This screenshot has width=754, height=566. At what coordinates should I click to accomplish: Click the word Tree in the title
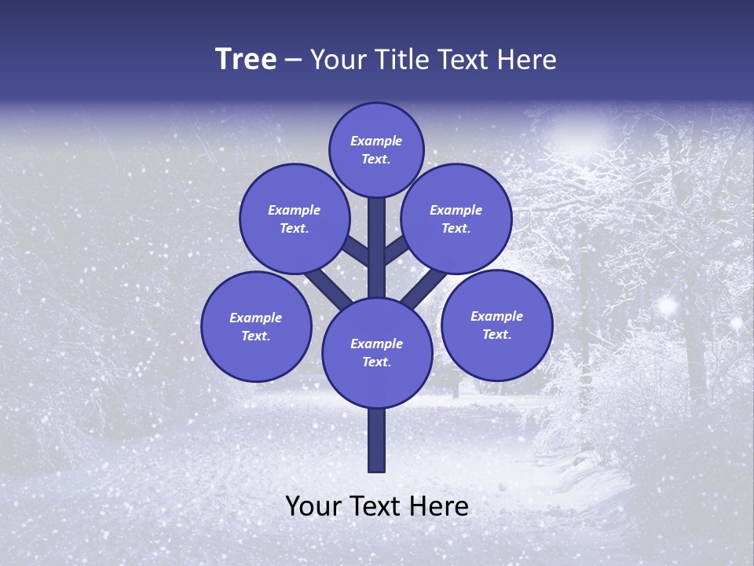click(x=246, y=60)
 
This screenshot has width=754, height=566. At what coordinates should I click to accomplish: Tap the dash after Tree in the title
click(x=294, y=61)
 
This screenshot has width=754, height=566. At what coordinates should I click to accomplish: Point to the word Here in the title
click(x=528, y=60)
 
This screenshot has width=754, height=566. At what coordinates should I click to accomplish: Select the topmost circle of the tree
click(x=376, y=149)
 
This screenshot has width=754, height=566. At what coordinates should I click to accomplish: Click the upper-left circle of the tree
click(x=294, y=219)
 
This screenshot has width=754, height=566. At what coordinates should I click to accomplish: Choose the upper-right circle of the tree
click(x=456, y=219)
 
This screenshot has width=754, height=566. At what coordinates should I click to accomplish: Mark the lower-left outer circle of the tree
click(x=256, y=326)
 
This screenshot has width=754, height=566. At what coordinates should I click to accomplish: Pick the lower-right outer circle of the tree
click(x=496, y=325)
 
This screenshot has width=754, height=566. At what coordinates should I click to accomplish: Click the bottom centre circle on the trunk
click(x=376, y=352)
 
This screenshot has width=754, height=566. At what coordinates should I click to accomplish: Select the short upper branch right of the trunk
click(x=396, y=251)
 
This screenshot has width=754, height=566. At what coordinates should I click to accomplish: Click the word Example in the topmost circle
click(x=376, y=141)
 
